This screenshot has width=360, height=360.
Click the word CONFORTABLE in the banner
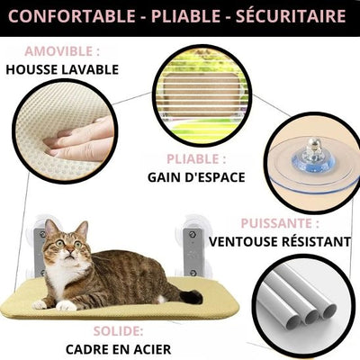pos(72,16)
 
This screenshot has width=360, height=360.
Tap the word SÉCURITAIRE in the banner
pos(291,15)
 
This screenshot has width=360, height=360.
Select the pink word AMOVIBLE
pos(59,51)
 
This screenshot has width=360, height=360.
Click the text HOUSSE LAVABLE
pos(62,69)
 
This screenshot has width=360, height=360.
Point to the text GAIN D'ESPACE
pos(196,177)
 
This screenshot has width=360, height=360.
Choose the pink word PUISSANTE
pos(276,223)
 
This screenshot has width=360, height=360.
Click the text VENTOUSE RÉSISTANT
pos(280,241)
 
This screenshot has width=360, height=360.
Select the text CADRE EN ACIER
pos(118,349)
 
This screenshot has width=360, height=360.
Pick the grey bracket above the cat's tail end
pos(193,252)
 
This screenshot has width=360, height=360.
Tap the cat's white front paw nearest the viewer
pos(66,305)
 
